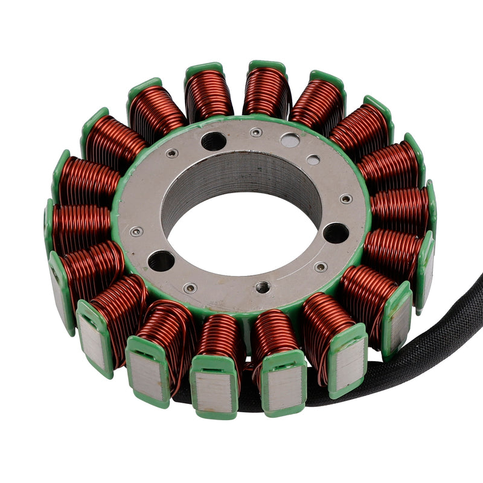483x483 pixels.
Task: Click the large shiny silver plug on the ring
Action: (290, 141)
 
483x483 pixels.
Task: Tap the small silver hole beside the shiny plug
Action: (313, 160)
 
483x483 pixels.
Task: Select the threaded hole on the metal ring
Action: (263, 287)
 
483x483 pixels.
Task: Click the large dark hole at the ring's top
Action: (214, 141)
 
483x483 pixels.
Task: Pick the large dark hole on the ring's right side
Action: (336, 233)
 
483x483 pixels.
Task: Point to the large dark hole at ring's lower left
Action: (161, 261)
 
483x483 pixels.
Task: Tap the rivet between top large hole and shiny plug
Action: (257, 132)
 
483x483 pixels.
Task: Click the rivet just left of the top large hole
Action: (174, 153)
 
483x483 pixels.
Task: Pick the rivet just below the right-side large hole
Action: (321, 266)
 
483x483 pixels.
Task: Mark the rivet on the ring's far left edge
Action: (137, 231)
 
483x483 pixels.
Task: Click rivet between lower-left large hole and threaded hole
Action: (190, 287)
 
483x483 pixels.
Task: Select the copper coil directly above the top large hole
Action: (208, 94)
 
